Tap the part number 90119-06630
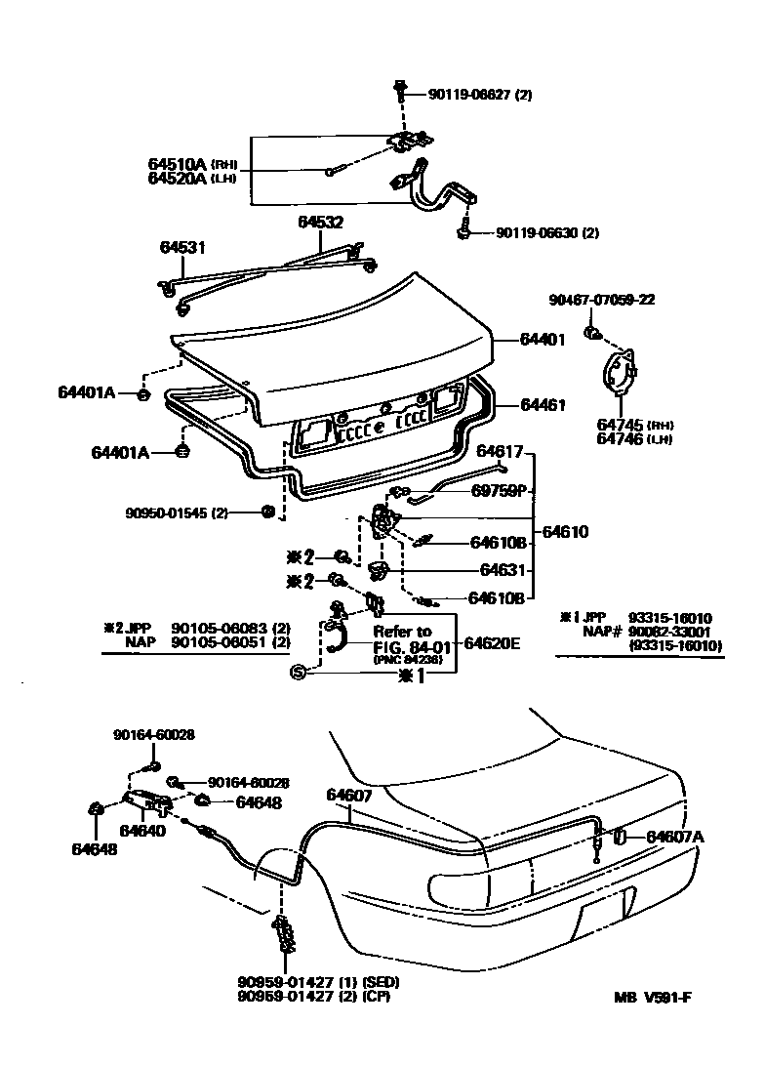click(x=535, y=233)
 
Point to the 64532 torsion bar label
click(x=320, y=223)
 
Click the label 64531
click(x=182, y=248)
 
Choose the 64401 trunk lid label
click(x=543, y=340)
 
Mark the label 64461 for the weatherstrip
click(x=543, y=404)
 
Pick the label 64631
click(x=503, y=570)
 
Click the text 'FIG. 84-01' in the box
click(x=402, y=645)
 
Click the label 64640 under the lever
click(x=142, y=831)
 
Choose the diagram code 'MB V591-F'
click(x=658, y=997)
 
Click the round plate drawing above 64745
click(x=621, y=376)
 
